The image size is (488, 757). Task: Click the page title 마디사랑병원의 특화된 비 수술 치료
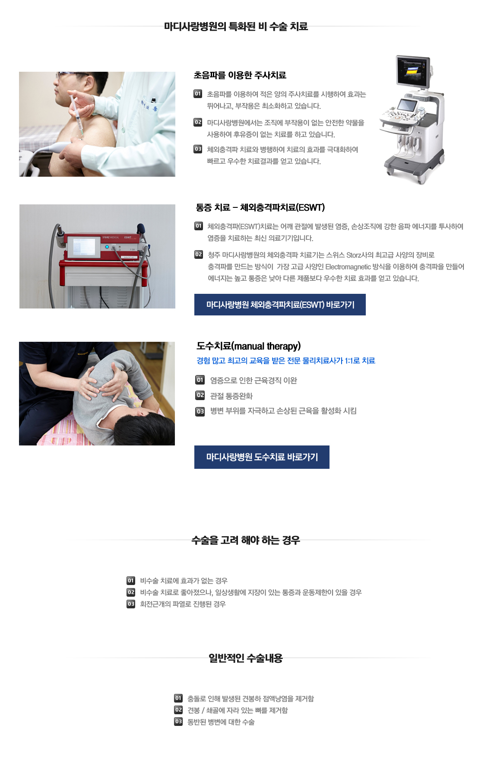pyautogui.click(x=236, y=26)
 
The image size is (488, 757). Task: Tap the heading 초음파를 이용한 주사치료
pyautogui.click(x=240, y=75)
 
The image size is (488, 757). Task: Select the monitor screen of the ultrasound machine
pyautogui.click(x=413, y=71)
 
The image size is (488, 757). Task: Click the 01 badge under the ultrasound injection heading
pyautogui.click(x=198, y=94)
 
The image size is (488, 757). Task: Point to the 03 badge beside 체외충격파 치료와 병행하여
pyautogui.click(x=198, y=149)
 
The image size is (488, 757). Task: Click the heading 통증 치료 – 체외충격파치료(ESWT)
pyautogui.click(x=260, y=207)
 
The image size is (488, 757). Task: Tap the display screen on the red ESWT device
pyautogui.click(x=84, y=247)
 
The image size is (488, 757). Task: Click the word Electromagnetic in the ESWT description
pyautogui.click(x=348, y=267)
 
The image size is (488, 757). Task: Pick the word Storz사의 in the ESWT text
pyautogui.click(x=358, y=255)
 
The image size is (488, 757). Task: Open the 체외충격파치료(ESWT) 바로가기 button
pyautogui.click(x=280, y=305)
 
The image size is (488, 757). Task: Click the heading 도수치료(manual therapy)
pyautogui.click(x=248, y=346)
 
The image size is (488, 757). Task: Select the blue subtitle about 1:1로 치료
pyautogui.click(x=285, y=360)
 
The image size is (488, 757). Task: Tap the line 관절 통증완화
pyautogui.click(x=231, y=396)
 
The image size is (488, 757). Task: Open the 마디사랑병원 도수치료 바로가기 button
pyautogui.click(x=262, y=457)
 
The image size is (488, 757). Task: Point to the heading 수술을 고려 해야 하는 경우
pyautogui.click(x=245, y=540)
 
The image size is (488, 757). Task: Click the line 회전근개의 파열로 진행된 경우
pyautogui.click(x=183, y=604)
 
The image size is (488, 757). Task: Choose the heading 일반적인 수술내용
pyautogui.click(x=245, y=658)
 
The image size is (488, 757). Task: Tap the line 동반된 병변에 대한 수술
pyautogui.click(x=221, y=722)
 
